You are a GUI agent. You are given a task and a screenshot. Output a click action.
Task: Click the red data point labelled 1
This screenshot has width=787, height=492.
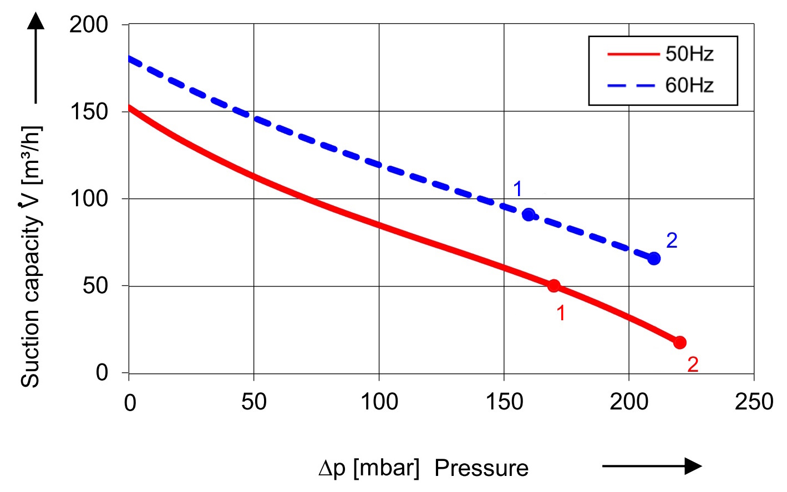click(554, 286)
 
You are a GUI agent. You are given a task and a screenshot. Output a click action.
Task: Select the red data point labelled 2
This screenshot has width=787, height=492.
click(679, 343)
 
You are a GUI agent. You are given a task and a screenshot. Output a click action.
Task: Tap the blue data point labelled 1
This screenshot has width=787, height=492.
click(529, 214)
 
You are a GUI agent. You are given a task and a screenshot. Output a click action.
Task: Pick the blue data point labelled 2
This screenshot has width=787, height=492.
click(654, 259)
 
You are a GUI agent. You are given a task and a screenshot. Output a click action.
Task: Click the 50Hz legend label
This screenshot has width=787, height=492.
click(689, 54)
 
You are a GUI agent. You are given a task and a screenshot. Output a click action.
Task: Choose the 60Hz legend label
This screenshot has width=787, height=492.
click(689, 85)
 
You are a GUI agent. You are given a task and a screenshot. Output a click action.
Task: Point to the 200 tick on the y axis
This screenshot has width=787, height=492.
click(89, 25)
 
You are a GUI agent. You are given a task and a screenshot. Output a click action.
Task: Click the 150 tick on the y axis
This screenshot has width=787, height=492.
click(89, 112)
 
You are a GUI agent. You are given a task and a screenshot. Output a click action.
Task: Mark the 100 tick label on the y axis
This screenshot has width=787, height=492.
click(89, 198)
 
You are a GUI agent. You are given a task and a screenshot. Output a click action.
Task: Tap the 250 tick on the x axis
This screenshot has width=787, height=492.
click(754, 402)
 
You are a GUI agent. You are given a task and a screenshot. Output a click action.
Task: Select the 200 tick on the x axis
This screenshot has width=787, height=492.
click(629, 402)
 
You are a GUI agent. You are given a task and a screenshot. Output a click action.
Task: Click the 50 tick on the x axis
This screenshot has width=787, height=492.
click(253, 402)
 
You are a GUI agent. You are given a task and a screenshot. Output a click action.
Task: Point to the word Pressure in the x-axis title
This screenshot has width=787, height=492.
click(481, 468)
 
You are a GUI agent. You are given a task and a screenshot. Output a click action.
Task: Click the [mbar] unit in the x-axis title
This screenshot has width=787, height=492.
click(386, 468)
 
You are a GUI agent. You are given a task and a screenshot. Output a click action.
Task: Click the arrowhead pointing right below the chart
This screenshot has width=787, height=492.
click(693, 466)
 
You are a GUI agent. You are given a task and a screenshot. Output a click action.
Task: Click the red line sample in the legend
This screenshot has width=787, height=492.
click(633, 54)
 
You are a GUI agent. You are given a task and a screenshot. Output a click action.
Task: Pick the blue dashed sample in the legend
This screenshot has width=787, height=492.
click(633, 85)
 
